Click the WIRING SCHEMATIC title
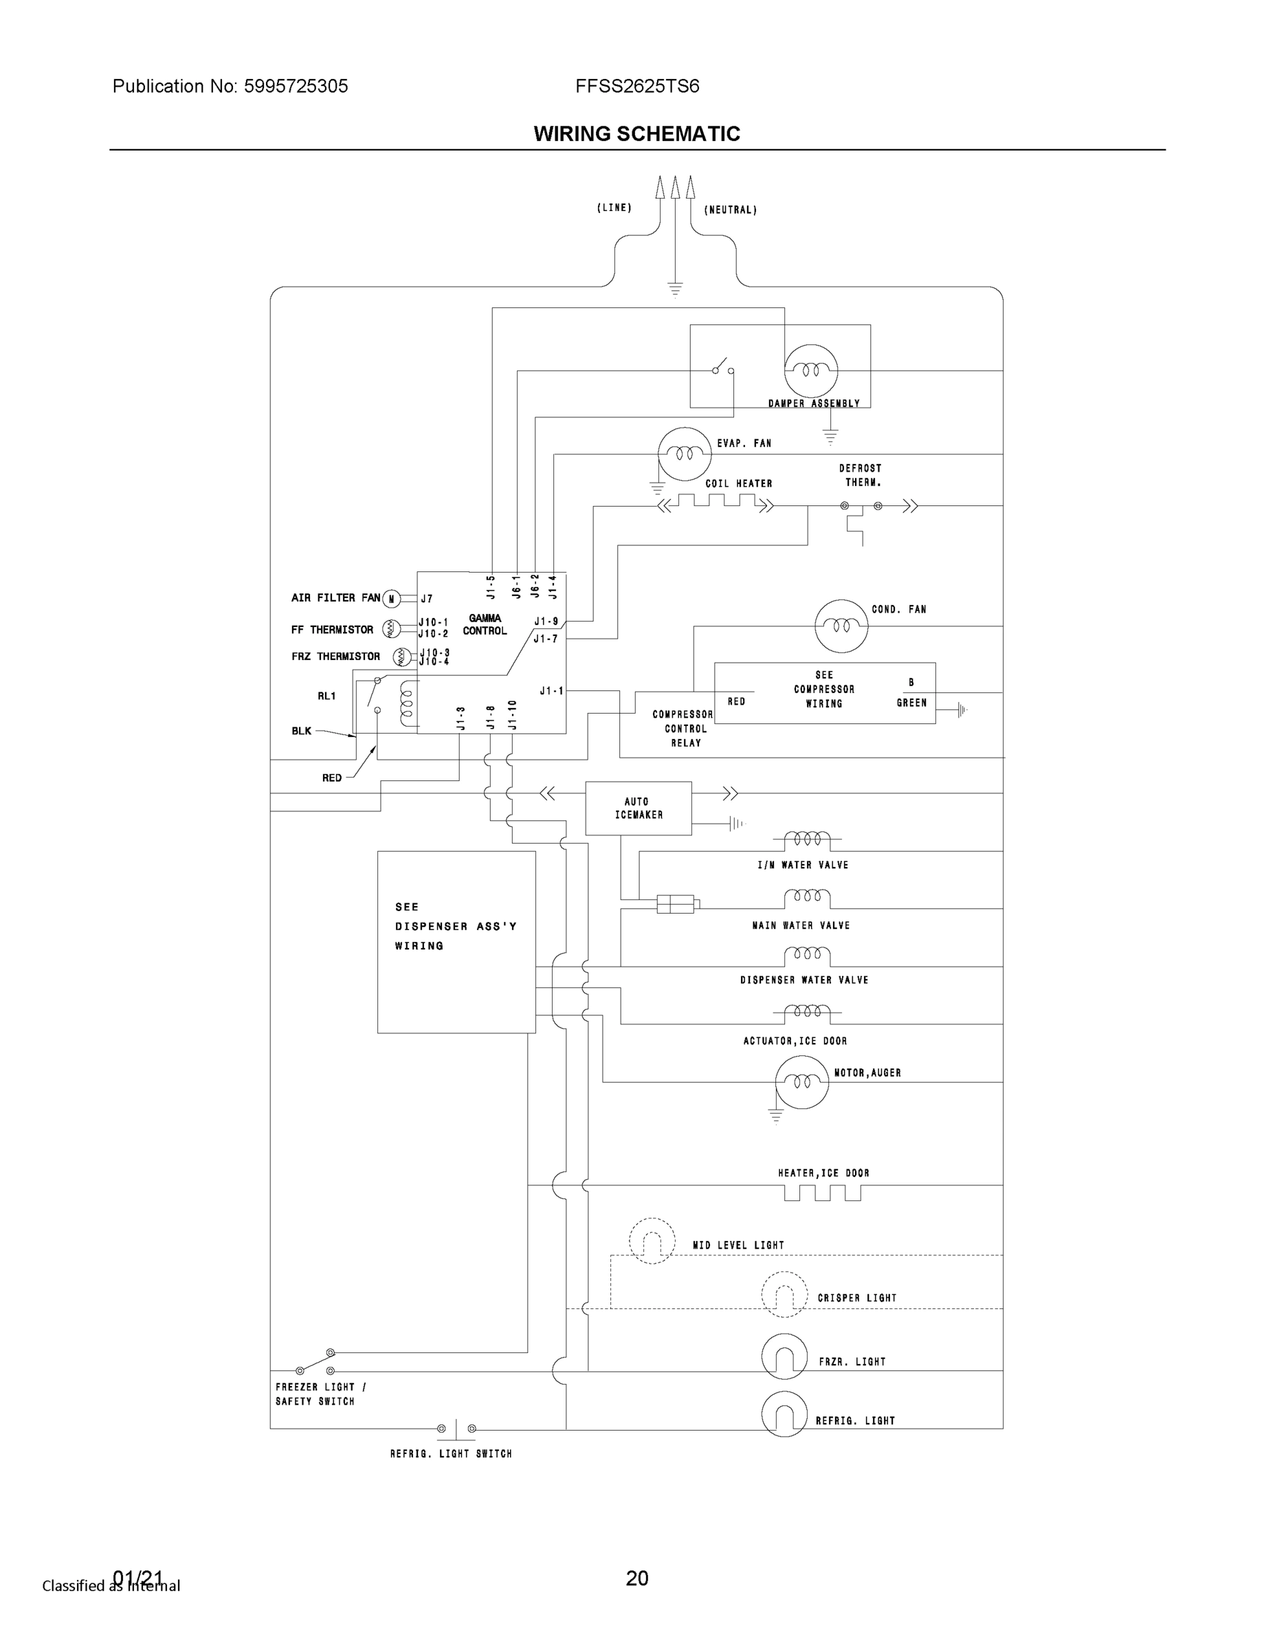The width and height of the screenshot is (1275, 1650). click(636, 134)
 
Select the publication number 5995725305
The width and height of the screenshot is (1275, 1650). click(296, 86)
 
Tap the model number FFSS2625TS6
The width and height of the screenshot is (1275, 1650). click(636, 86)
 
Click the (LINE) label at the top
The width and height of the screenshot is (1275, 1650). click(614, 208)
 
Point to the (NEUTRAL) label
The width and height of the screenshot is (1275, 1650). click(731, 210)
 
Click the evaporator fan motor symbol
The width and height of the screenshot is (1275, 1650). click(685, 453)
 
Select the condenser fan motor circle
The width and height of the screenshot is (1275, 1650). click(841, 626)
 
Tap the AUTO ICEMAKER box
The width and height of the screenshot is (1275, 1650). click(639, 808)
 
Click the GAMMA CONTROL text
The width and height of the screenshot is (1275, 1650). click(485, 624)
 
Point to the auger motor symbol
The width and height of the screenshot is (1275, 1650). click(801, 1082)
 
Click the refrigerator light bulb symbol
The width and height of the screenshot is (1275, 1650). click(784, 1413)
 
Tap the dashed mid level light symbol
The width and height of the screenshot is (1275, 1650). click(651, 1240)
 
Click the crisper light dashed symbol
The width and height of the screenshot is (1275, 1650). click(784, 1294)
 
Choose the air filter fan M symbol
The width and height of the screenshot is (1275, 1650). click(390, 599)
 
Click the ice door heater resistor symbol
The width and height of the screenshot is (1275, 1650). click(822, 1191)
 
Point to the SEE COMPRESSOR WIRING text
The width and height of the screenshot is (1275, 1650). click(824, 689)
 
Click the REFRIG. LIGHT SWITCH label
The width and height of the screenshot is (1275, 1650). click(451, 1453)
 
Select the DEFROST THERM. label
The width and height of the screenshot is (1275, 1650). click(861, 475)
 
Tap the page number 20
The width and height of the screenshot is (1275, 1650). click(636, 1578)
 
